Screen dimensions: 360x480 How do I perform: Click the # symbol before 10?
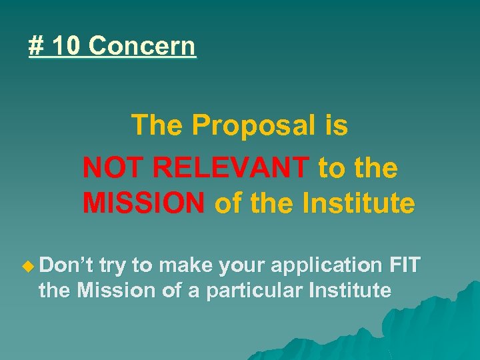click(35, 47)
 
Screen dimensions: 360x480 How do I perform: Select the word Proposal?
click(252, 125)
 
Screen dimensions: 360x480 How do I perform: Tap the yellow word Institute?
click(361, 203)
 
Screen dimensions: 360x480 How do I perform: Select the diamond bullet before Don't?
click(27, 266)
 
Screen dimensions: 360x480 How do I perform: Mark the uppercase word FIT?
click(404, 265)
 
